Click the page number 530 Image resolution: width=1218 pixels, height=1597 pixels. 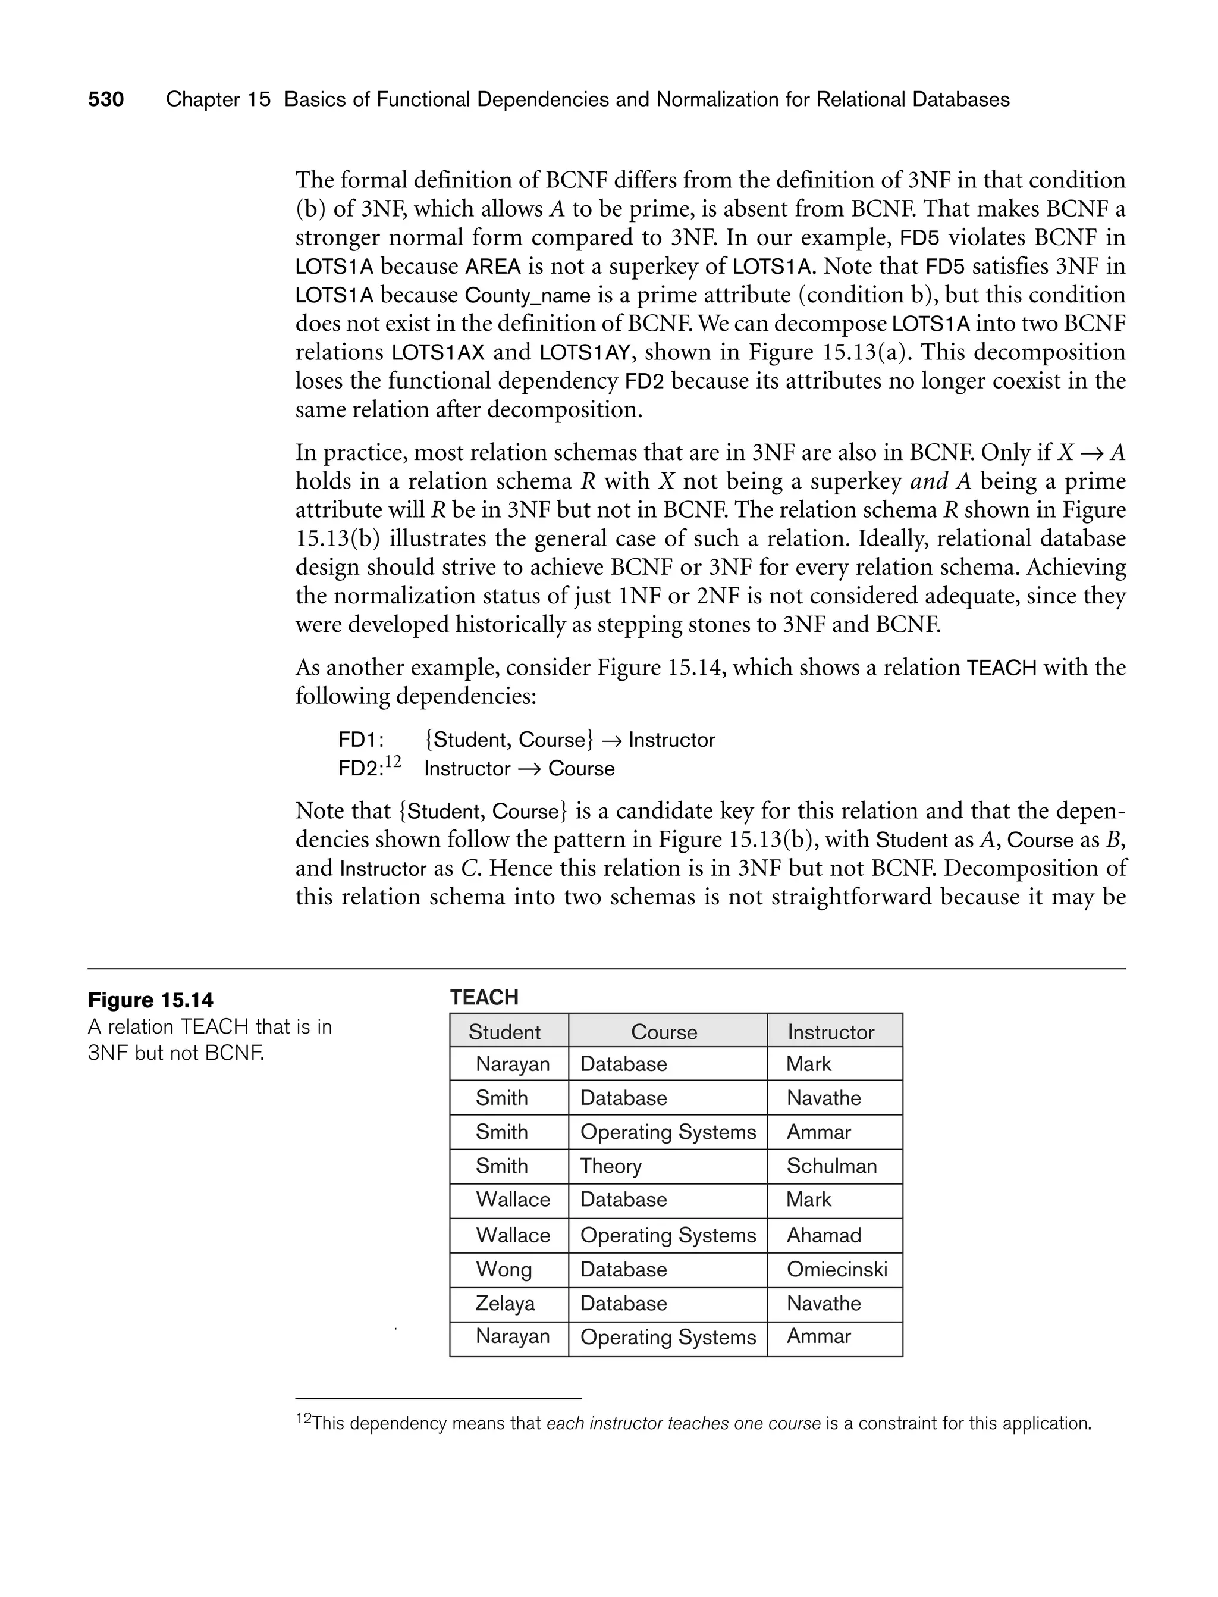106,99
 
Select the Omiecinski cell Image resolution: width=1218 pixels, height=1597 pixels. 836,1269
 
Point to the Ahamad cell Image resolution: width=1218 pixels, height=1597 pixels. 824,1235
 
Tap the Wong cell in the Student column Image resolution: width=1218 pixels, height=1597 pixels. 503,1269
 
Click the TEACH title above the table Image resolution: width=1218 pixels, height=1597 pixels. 484,997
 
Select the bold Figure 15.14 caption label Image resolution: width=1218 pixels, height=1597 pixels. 151,1000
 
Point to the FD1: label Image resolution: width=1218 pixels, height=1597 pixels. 360,740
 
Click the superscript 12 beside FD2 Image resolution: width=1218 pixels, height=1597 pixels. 393,762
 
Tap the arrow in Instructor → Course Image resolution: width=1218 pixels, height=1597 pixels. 529,769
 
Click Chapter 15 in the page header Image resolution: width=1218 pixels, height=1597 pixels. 218,99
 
